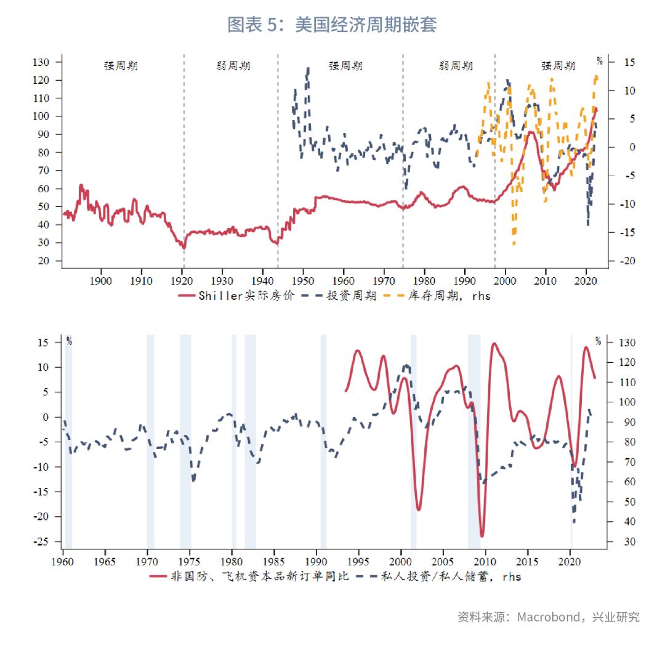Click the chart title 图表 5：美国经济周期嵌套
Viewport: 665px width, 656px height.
332,25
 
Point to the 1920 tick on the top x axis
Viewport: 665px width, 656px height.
182,281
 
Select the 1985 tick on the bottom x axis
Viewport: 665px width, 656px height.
274,562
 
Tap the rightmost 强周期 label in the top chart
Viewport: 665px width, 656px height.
558,66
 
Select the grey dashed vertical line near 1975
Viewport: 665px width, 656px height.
403,160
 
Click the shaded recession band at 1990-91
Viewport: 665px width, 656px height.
323,440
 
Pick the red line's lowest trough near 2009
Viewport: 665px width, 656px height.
482,536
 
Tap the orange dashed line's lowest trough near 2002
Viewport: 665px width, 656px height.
514,244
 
